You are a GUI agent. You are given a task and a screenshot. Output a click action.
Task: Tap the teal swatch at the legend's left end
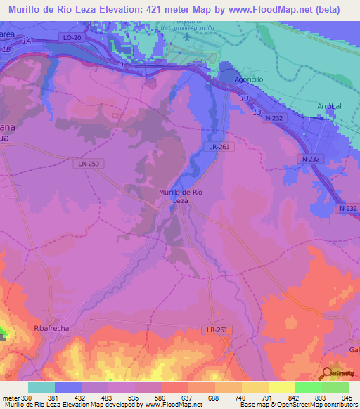tap(41, 387)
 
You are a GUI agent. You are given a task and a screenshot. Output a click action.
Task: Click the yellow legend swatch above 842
tap(281, 387)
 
